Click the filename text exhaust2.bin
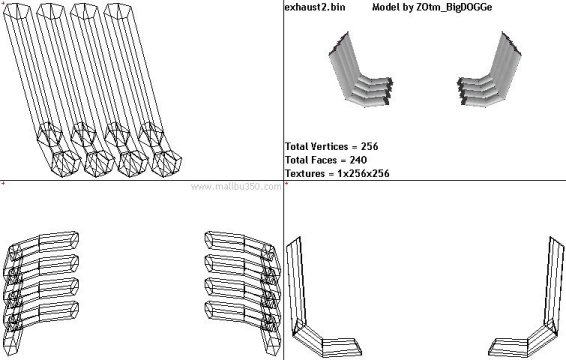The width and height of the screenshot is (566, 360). coord(314,7)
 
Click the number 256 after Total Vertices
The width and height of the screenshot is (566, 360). coord(369,146)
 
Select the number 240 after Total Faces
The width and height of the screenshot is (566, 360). coord(358,160)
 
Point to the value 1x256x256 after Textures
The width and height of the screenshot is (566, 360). coord(363,174)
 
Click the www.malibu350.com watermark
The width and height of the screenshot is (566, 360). coord(236,187)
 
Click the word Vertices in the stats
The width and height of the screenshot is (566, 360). coord(329,146)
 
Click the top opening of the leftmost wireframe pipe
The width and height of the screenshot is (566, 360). coord(17,12)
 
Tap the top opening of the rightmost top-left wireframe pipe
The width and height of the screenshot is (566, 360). coord(117,12)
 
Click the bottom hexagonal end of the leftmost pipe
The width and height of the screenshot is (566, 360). coord(66,164)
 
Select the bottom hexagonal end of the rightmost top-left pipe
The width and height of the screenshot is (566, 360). coord(167,164)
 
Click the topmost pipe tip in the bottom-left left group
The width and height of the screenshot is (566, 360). coord(74,239)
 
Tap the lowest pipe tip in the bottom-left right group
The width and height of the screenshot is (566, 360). coord(209,309)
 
